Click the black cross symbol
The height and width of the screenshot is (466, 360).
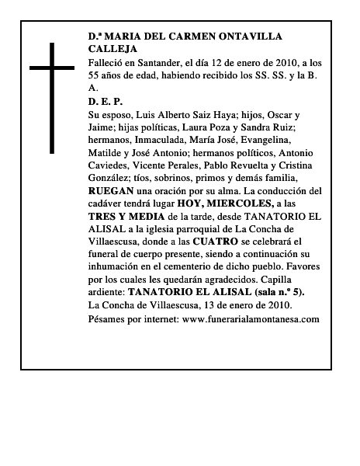[x=54, y=97]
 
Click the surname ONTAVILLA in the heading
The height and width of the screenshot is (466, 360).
[x=241, y=37]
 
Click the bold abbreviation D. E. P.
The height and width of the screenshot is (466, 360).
[x=106, y=101]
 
